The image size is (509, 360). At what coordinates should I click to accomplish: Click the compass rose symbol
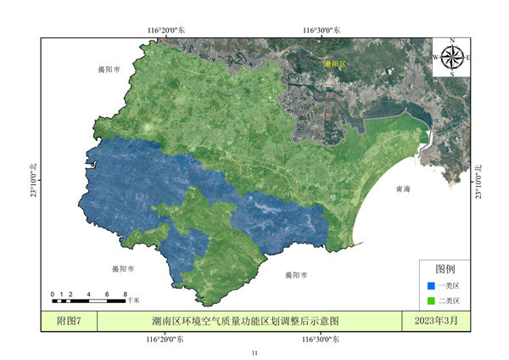coord(452,57)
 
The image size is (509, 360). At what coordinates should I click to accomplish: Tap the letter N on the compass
coord(452,41)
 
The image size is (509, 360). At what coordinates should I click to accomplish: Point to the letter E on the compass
coord(468,57)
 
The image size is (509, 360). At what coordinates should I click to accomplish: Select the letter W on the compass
coord(436,57)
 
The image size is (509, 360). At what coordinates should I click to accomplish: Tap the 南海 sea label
coord(404,190)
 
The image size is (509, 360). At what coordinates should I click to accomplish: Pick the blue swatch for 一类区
coord(431,286)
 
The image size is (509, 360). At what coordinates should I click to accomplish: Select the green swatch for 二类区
coord(431,301)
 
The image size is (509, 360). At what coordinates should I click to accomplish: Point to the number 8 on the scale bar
coord(125,294)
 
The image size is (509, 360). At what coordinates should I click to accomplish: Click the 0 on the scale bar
coord(53,294)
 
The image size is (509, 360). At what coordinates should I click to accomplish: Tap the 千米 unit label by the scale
coord(134,301)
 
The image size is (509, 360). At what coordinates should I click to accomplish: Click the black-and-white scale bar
coord(88,301)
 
